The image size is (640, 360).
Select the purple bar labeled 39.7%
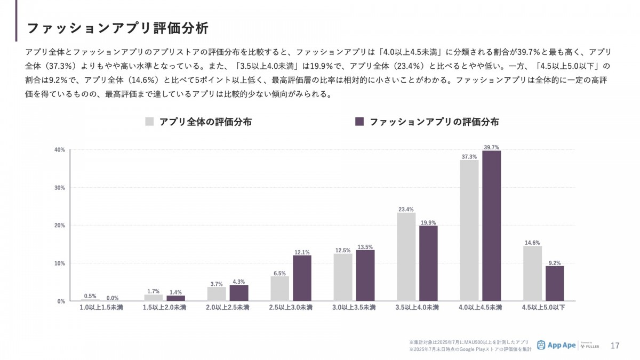[x=491, y=226]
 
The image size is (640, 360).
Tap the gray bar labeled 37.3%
[x=469, y=230]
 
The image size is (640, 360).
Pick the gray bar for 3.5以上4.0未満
[x=406, y=257]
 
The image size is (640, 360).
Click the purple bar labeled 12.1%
[x=302, y=278]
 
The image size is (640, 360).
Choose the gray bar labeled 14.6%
[x=532, y=274]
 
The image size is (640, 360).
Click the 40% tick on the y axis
[x=60, y=150]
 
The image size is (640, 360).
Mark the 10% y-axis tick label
[x=60, y=263]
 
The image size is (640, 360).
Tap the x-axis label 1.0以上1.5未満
[x=101, y=308]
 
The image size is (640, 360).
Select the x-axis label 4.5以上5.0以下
[x=543, y=308]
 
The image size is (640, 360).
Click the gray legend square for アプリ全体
[x=149, y=122]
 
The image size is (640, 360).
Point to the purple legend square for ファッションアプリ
[x=359, y=122]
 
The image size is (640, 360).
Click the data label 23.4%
[x=406, y=210]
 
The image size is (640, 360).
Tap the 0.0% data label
[x=113, y=298]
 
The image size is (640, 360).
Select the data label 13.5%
[x=365, y=247]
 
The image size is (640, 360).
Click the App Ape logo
[x=556, y=346]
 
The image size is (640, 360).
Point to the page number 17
[x=615, y=346]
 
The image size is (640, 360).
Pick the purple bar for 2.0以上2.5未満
[x=239, y=293]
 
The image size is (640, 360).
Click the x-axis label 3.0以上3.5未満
[x=354, y=308]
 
